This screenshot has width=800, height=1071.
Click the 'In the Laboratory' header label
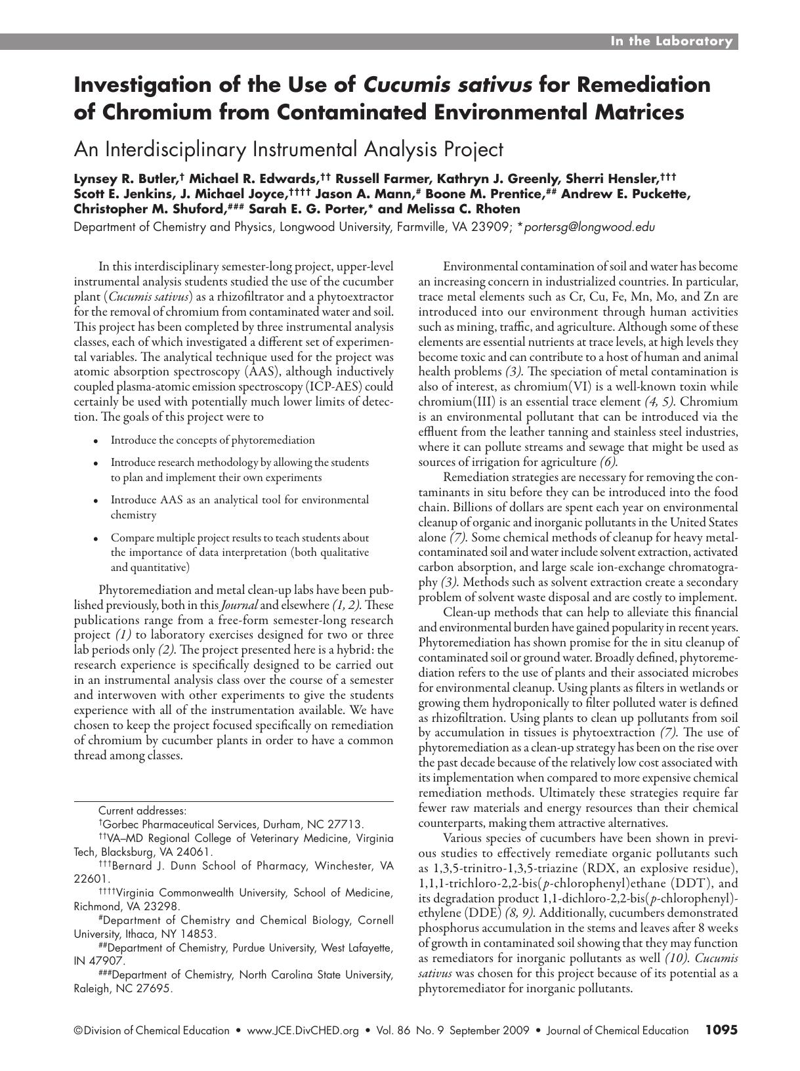(x=671, y=41)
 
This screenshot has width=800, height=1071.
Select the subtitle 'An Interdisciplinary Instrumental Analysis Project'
(x=288, y=150)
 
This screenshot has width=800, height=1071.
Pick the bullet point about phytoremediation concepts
(x=212, y=440)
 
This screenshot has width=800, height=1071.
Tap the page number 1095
(x=721, y=1030)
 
